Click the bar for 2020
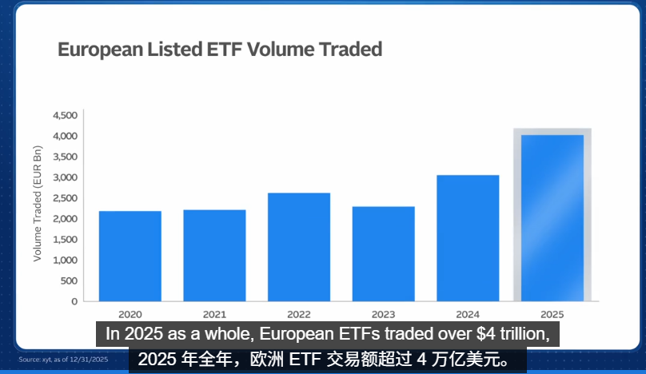(x=130, y=256)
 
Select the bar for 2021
(x=214, y=255)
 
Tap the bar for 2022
(x=299, y=247)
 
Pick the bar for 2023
(x=383, y=253)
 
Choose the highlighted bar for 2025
(x=552, y=217)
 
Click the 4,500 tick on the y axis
(x=64, y=116)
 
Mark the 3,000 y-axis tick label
(x=64, y=177)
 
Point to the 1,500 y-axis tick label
(x=64, y=240)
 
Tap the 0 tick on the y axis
(x=74, y=301)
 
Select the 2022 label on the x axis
(x=299, y=314)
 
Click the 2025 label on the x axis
(x=552, y=314)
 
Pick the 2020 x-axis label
(x=130, y=314)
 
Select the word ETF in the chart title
(x=225, y=50)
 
